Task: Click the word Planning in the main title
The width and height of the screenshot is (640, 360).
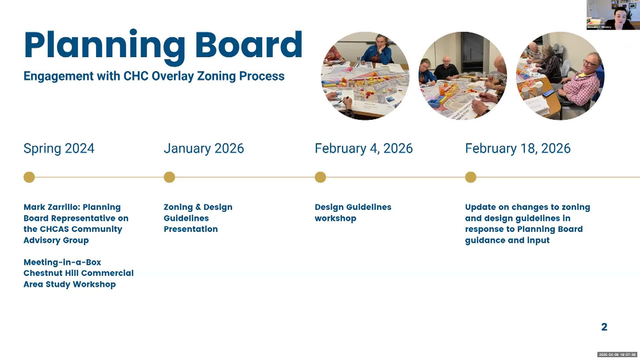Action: point(104,45)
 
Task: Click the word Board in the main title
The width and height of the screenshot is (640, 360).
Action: point(248,45)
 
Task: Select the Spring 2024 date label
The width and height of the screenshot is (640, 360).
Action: point(59,148)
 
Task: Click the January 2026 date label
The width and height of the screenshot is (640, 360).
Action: point(204,148)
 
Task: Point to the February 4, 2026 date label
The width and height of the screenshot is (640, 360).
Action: point(364,148)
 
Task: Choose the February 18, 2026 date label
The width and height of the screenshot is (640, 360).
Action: point(518,148)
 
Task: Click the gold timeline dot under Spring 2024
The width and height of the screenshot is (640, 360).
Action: point(29,177)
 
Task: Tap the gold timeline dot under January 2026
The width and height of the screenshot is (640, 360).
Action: point(169,177)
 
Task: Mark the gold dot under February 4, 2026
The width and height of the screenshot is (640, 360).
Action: point(320,177)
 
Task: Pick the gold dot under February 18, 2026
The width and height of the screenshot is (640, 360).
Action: point(471,177)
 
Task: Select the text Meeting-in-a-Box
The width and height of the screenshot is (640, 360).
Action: point(62,262)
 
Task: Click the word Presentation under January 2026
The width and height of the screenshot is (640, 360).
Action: point(191,229)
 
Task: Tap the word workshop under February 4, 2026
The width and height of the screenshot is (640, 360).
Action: point(335,218)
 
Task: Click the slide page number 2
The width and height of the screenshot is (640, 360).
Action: point(604,327)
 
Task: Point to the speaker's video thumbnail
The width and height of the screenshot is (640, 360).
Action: point(613,15)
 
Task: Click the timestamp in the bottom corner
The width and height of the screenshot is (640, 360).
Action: point(617,355)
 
